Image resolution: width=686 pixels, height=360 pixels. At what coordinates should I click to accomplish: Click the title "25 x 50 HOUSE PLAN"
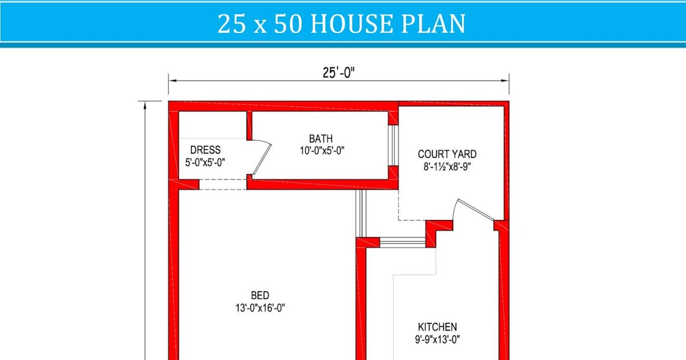[341, 24]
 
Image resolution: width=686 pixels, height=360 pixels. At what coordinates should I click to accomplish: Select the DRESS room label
[205, 150]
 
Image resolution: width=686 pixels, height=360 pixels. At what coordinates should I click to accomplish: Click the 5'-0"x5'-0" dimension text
[205, 162]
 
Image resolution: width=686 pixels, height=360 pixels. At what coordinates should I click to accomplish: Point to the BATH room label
[321, 139]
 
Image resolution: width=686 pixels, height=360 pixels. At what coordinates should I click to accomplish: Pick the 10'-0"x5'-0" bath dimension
[321, 151]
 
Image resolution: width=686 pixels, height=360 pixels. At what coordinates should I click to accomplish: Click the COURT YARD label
[447, 154]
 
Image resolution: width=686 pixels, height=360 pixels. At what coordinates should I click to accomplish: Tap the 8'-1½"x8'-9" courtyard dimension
[447, 167]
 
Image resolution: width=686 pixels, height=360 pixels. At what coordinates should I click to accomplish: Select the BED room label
[260, 295]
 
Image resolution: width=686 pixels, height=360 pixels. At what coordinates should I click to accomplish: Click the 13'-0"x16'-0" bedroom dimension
[260, 308]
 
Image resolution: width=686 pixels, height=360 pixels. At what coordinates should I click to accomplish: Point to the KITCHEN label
[437, 327]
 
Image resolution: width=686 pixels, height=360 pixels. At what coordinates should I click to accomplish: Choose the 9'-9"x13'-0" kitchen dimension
[437, 339]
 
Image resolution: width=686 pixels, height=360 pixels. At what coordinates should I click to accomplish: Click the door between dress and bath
[261, 157]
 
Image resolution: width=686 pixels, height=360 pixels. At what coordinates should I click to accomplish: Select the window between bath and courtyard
[392, 145]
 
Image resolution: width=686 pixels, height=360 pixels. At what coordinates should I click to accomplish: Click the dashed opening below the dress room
[223, 184]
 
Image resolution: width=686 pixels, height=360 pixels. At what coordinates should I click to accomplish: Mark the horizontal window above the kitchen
[402, 242]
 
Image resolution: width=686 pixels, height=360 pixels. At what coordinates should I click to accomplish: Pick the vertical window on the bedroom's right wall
[360, 213]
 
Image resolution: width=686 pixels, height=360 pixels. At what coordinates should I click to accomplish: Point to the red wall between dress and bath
[249, 126]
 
